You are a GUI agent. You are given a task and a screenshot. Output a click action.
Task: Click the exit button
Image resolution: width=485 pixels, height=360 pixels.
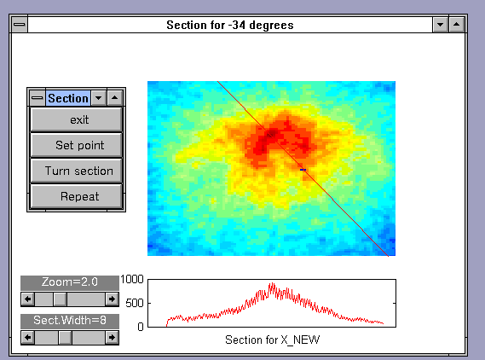coord(77,119)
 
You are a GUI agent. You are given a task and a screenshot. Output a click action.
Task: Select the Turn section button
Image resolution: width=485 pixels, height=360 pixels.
coord(77,171)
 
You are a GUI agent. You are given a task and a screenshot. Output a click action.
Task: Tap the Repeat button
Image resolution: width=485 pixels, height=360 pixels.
coord(77,196)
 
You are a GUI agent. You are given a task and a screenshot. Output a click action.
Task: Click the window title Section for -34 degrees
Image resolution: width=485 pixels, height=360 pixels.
coord(230,25)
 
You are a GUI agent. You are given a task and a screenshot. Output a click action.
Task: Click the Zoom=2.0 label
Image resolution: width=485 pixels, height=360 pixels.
coord(70,282)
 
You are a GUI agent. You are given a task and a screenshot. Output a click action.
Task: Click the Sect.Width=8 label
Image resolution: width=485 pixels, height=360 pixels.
coord(70,321)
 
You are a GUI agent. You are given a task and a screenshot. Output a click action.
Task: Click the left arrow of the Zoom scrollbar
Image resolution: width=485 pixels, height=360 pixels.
coord(28,299)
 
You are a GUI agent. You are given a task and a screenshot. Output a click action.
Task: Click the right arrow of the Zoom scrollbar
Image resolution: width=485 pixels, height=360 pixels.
coord(112,299)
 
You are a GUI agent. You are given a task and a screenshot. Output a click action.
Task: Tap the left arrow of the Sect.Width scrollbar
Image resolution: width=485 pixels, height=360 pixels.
coord(28,338)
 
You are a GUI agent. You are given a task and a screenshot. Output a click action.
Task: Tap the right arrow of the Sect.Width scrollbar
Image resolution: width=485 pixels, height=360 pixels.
coord(112,338)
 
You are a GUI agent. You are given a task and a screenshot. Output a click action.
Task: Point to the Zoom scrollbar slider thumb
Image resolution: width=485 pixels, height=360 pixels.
coord(60,299)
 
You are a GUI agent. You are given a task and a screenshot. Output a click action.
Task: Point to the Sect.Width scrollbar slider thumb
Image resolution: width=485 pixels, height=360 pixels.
coord(66,338)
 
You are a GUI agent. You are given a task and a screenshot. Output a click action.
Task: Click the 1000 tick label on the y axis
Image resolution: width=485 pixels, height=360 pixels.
coord(132,279)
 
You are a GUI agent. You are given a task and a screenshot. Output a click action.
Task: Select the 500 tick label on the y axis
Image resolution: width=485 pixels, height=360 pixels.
coord(135,303)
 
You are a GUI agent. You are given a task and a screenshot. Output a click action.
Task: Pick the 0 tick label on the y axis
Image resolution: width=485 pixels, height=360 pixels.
coord(141,327)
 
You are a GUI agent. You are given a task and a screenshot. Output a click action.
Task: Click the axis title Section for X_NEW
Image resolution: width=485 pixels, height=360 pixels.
coord(272,340)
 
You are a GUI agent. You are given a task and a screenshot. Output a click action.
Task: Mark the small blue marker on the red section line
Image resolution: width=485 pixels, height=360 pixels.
coord(303,170)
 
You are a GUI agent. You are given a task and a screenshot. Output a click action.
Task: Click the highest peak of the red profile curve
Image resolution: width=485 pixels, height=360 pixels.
coord(272,283)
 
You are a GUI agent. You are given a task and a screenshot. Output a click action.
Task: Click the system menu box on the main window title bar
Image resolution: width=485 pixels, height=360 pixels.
coord(20,25)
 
